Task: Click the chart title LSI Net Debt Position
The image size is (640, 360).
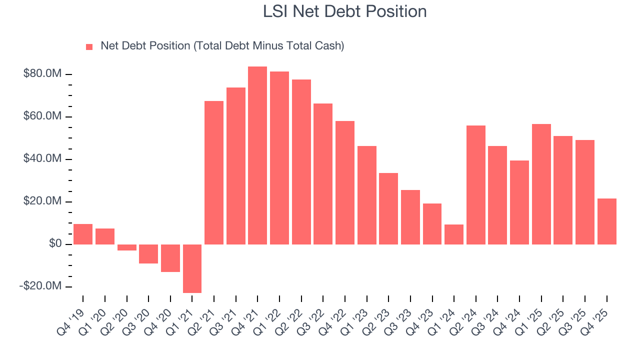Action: click(x=344, y=11)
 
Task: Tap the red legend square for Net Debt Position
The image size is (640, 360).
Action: click(x=89, y=46)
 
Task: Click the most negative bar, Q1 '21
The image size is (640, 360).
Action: click(x=192, y=268)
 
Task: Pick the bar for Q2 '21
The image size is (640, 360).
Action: click(x=214, y=172)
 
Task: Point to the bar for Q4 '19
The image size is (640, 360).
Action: click(x=83, y=234)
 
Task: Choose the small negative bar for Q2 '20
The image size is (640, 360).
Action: click(x=126, y=247)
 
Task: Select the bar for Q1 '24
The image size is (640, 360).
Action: click(x=454, y=234)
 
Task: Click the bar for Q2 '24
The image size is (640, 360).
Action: click(x=475, y=185)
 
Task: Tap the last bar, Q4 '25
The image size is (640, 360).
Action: click(x=606, y=221)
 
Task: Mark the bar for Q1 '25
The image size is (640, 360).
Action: click(x=541, y=184)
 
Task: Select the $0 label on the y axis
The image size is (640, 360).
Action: click(x=55, y=244)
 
